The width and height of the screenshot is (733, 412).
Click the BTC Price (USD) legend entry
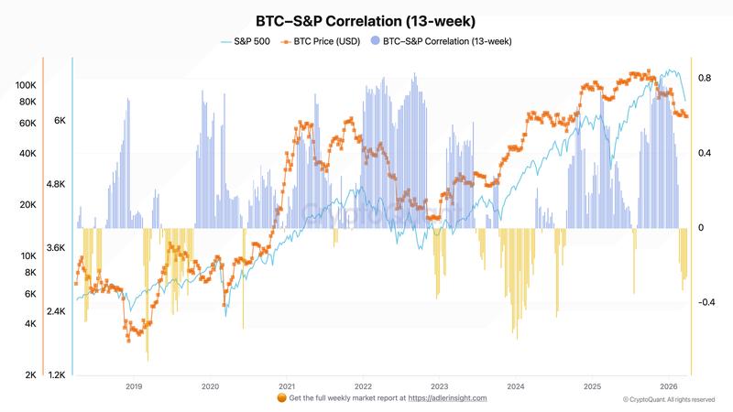pyautogui.click(x=322, y=41)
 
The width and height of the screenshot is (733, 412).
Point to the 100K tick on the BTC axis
pyautogui.click(x=26, y=85)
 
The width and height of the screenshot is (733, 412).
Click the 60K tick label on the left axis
pyautogui.click(x=27, y=123)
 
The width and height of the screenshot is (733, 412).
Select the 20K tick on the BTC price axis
pyautogui.click(x=27, y=205)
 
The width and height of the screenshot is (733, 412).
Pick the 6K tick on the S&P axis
pyautogui.click(x=60, y=121)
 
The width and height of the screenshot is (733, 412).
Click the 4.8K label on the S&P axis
pyautogui.click(x=57, y=184)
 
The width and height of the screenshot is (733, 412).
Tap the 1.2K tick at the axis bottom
pyautogui.click(x=57, y=375)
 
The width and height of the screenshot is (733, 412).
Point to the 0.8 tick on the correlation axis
pyautogui.click(x=704, y=79)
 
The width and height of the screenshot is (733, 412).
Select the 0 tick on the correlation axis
pyautogui.click(x=700, y=228)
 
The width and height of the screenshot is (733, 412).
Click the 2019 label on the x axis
pyautogui.click(x=133, y=386)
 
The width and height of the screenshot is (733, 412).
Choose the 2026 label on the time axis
pyautogui.click(x=668, y=386)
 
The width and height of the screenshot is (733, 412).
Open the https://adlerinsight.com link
pyautogui.click(x=447, y=398)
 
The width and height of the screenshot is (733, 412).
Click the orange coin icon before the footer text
pyautogui.click(x=281, y=398)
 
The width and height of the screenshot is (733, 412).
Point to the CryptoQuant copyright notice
pyautogui.click(x=668, y=399)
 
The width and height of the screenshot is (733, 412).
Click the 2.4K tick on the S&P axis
pyautogui.click(x=57, y=311)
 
